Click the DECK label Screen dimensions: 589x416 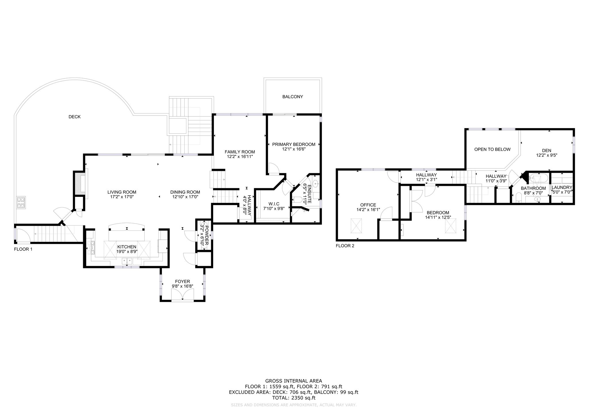74,117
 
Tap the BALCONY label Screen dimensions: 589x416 292,97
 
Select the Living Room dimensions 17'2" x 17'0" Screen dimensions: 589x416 122,197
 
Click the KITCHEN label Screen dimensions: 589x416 127,247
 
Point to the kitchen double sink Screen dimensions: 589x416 127,261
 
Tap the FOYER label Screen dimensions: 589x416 182,282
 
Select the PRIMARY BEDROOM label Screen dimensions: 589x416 294,145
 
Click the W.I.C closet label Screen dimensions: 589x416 274,204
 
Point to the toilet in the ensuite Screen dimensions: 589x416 298,200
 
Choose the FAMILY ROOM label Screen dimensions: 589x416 240,152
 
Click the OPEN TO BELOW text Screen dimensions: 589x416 492,149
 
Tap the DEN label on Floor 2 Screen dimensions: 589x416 546,151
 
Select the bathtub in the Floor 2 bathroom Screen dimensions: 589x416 539,178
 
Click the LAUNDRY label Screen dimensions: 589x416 562,188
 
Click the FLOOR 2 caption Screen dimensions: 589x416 345,246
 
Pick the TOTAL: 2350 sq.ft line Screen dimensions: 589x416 294,398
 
